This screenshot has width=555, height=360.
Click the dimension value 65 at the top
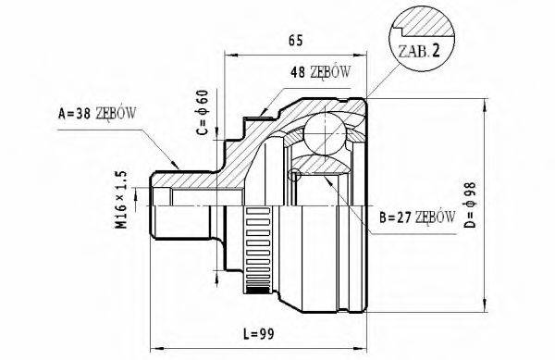click(x=295, y=40)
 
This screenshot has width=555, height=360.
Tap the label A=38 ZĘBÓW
click(x=97, y=114)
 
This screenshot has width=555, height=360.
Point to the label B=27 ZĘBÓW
click(x=416, y=218)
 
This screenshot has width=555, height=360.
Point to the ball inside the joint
click(x=326, y=133)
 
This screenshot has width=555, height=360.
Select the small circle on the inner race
click(x=295, y=176)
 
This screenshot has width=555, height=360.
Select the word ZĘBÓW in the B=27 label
click(x=436, y=218)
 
